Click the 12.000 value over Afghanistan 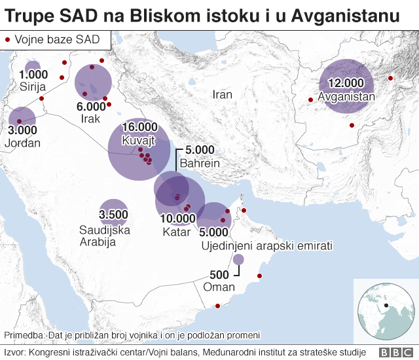coord(346,83)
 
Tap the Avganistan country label coord(346,97)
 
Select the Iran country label coord(223,95)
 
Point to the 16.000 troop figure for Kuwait coord(138,127)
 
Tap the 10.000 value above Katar coord(178,219)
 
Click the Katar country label coord(176,232)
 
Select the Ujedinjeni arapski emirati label coord(265,245)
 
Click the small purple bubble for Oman coord(238,260)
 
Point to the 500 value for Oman coord(219,274)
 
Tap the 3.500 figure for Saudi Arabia coord(113,215)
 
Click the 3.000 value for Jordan coord(22,130)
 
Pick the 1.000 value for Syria coord(34,75)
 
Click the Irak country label coord(90,118)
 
